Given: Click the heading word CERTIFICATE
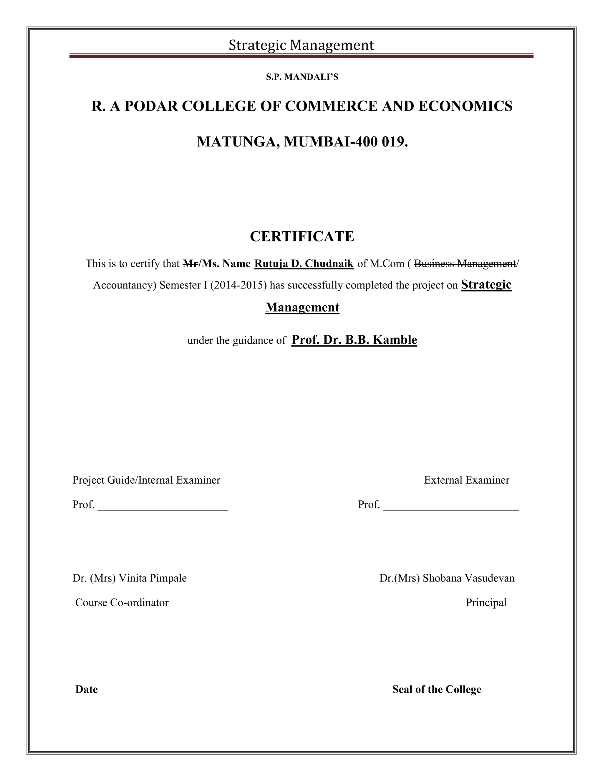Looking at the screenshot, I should click(x=302, y=236).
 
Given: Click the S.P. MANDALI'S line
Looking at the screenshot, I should click(x=302, y=77).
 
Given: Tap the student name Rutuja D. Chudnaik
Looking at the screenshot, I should click(x=304, y=263).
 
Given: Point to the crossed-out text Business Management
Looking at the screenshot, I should click(x=464, y=263).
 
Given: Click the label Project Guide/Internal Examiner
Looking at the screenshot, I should click(x=146, y=480).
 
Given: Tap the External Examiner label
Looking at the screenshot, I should click(x=467, y=480).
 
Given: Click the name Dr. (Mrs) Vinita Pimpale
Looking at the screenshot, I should click(x=129, y=578).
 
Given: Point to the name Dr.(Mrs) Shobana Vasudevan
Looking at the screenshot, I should click(x=447, y=578).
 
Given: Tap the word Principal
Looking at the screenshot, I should click(x=486, y=603).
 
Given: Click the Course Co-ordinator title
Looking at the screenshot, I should click(x=122, y=603).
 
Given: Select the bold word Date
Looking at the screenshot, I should click(x=87, y=689).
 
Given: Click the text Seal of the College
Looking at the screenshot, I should click(x=437, y=689).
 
